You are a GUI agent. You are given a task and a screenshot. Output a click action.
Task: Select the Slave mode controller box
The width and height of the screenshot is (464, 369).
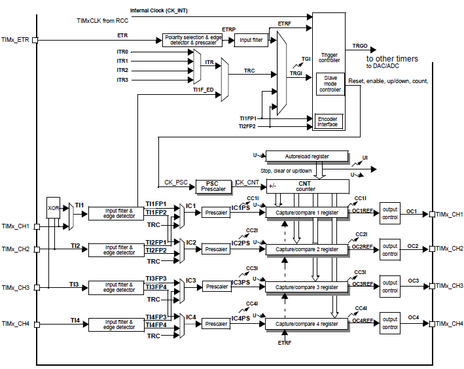click(330, 84)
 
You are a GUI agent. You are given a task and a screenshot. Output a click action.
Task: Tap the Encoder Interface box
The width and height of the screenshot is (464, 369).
click(327, 121)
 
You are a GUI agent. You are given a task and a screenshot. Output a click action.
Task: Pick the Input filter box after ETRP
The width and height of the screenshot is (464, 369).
click(251, 40)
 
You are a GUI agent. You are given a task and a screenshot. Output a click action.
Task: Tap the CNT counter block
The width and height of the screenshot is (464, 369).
click(308, 186)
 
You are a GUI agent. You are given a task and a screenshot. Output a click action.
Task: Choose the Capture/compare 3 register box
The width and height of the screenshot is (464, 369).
click(307, 287)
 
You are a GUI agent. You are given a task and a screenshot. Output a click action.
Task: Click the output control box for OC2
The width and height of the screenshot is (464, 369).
click(390, 249)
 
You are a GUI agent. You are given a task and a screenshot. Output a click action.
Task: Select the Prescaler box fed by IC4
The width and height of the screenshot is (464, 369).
click(215, 323)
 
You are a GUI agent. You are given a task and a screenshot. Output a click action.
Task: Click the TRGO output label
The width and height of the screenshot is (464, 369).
click(360, 46)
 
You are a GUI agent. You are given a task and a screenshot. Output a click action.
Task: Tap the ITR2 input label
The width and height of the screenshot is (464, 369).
click(122, 70)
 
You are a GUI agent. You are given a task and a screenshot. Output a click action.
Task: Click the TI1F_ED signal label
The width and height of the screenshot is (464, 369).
click(204, 90)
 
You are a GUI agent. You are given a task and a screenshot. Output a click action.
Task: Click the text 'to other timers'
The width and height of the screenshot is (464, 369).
click(392, 59)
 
